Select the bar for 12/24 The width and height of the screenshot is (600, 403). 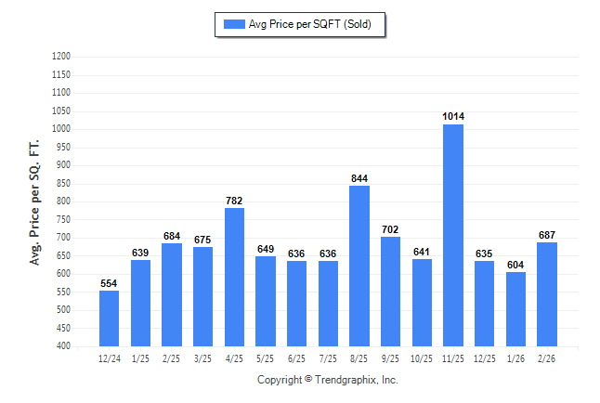point(109,318)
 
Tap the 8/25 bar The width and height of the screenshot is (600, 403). point(359,266)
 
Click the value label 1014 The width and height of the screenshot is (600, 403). point(453,116)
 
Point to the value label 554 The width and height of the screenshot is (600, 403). point(109,282)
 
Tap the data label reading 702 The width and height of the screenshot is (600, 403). point(391,228)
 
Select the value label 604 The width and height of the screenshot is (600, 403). point(515,265)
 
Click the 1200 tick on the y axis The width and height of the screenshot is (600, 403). point(61,57)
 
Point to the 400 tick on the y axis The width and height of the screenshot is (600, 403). point(64,346)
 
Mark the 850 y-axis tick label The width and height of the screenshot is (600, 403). point(64,184)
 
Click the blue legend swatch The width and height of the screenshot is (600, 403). point(232,24)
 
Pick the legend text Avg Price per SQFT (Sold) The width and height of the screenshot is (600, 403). point(310,24)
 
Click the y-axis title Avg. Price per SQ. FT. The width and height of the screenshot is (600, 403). point(35,202)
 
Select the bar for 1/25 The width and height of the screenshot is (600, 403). point(140,303)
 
